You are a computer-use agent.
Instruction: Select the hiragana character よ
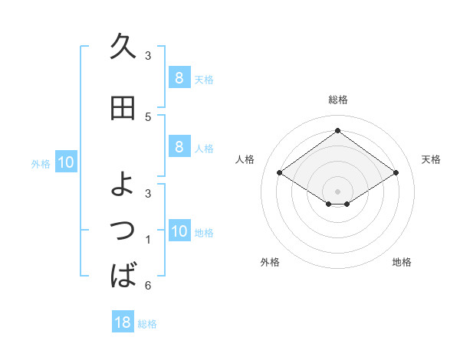tap(123, 183)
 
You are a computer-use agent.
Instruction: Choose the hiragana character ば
tap(123, 274)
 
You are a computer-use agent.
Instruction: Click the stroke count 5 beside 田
tap(148, 116)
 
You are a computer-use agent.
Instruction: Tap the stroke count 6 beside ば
tap(148, 286)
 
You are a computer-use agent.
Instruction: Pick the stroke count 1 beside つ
tap(148, 241)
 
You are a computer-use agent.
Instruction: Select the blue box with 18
tap(123, 322)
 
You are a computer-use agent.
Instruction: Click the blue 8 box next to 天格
tap(179, 77)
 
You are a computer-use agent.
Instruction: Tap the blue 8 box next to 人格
tap(179, 147)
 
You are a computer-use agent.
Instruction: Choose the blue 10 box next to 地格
tap(179, 231)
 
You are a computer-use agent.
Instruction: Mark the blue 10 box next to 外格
tap(65, 162)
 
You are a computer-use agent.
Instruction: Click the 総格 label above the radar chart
tap(337, 100)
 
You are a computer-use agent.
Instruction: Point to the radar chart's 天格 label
tap(431, 159)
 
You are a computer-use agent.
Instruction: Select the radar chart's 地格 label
tap(402, 262)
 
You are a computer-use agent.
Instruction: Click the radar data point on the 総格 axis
tap(337, 131)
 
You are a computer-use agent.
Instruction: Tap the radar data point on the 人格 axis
tap(280, 173)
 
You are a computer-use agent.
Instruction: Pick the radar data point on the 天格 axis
tap(396, 173)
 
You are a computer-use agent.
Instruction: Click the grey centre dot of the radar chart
tap(337, 191)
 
